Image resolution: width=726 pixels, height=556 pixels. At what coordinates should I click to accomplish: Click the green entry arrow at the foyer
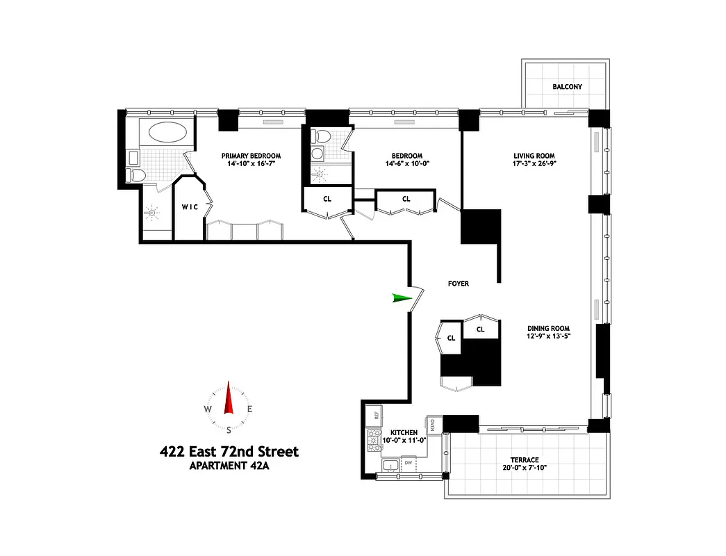[401, 298]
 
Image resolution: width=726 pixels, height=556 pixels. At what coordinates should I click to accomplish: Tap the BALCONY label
[567, 87]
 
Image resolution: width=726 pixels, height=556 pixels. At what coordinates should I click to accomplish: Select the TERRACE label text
[525, 459]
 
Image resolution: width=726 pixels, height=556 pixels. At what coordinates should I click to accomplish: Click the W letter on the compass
[208, 409]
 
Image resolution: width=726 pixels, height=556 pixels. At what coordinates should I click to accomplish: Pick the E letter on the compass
[250, 409]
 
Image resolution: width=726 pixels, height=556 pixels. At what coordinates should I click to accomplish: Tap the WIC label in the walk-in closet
[190, 207]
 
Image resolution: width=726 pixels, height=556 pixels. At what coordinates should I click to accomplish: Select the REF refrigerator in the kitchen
[376, 416]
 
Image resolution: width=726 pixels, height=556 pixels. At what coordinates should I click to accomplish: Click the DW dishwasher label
[409, 461]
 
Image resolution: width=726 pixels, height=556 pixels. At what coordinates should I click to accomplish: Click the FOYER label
[458, 284]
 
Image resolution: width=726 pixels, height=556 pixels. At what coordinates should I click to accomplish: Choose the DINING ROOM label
[548, 328]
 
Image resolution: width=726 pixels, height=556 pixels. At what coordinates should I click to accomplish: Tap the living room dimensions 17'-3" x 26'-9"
[534, 165]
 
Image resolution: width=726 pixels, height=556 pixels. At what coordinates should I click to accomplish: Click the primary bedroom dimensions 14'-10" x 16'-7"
[251, 164]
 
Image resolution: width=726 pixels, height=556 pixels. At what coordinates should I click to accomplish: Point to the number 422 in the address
[174, 452]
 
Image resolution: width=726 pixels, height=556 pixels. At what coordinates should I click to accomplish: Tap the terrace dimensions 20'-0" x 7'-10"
[525, 468]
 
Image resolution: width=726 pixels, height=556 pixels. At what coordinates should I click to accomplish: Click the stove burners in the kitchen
[372, 439]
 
